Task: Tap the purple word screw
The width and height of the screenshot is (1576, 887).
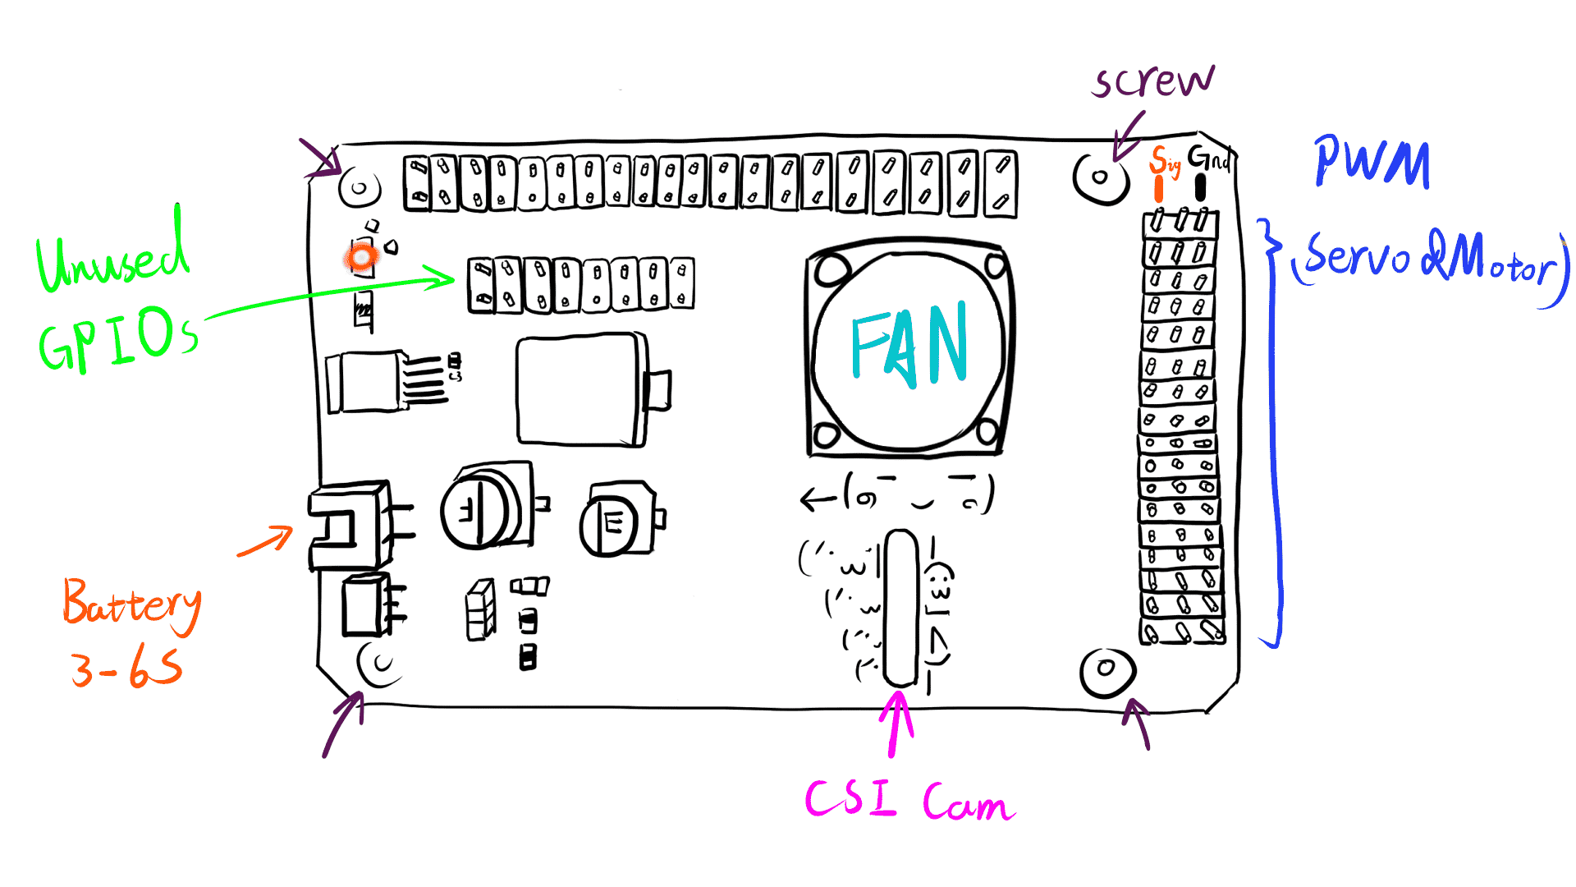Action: (1153, 81)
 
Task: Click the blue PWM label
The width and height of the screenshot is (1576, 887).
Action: (1372, 163)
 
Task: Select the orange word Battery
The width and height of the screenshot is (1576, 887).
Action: (131, 605)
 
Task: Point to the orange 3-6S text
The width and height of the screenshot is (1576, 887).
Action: (126, 667)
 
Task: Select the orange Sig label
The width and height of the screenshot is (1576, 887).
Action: (1164, 161)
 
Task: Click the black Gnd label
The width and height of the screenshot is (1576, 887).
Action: (1208, 158)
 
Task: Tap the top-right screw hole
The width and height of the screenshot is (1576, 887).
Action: (1100, 177)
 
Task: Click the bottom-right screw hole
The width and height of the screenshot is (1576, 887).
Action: (1106, 669)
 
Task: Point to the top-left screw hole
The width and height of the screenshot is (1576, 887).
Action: (359, 189)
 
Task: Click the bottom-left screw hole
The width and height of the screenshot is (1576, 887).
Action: (380, 664)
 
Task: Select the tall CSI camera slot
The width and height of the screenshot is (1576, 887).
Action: (901, 608)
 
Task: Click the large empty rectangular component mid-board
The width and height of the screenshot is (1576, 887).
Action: (579, 390)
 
